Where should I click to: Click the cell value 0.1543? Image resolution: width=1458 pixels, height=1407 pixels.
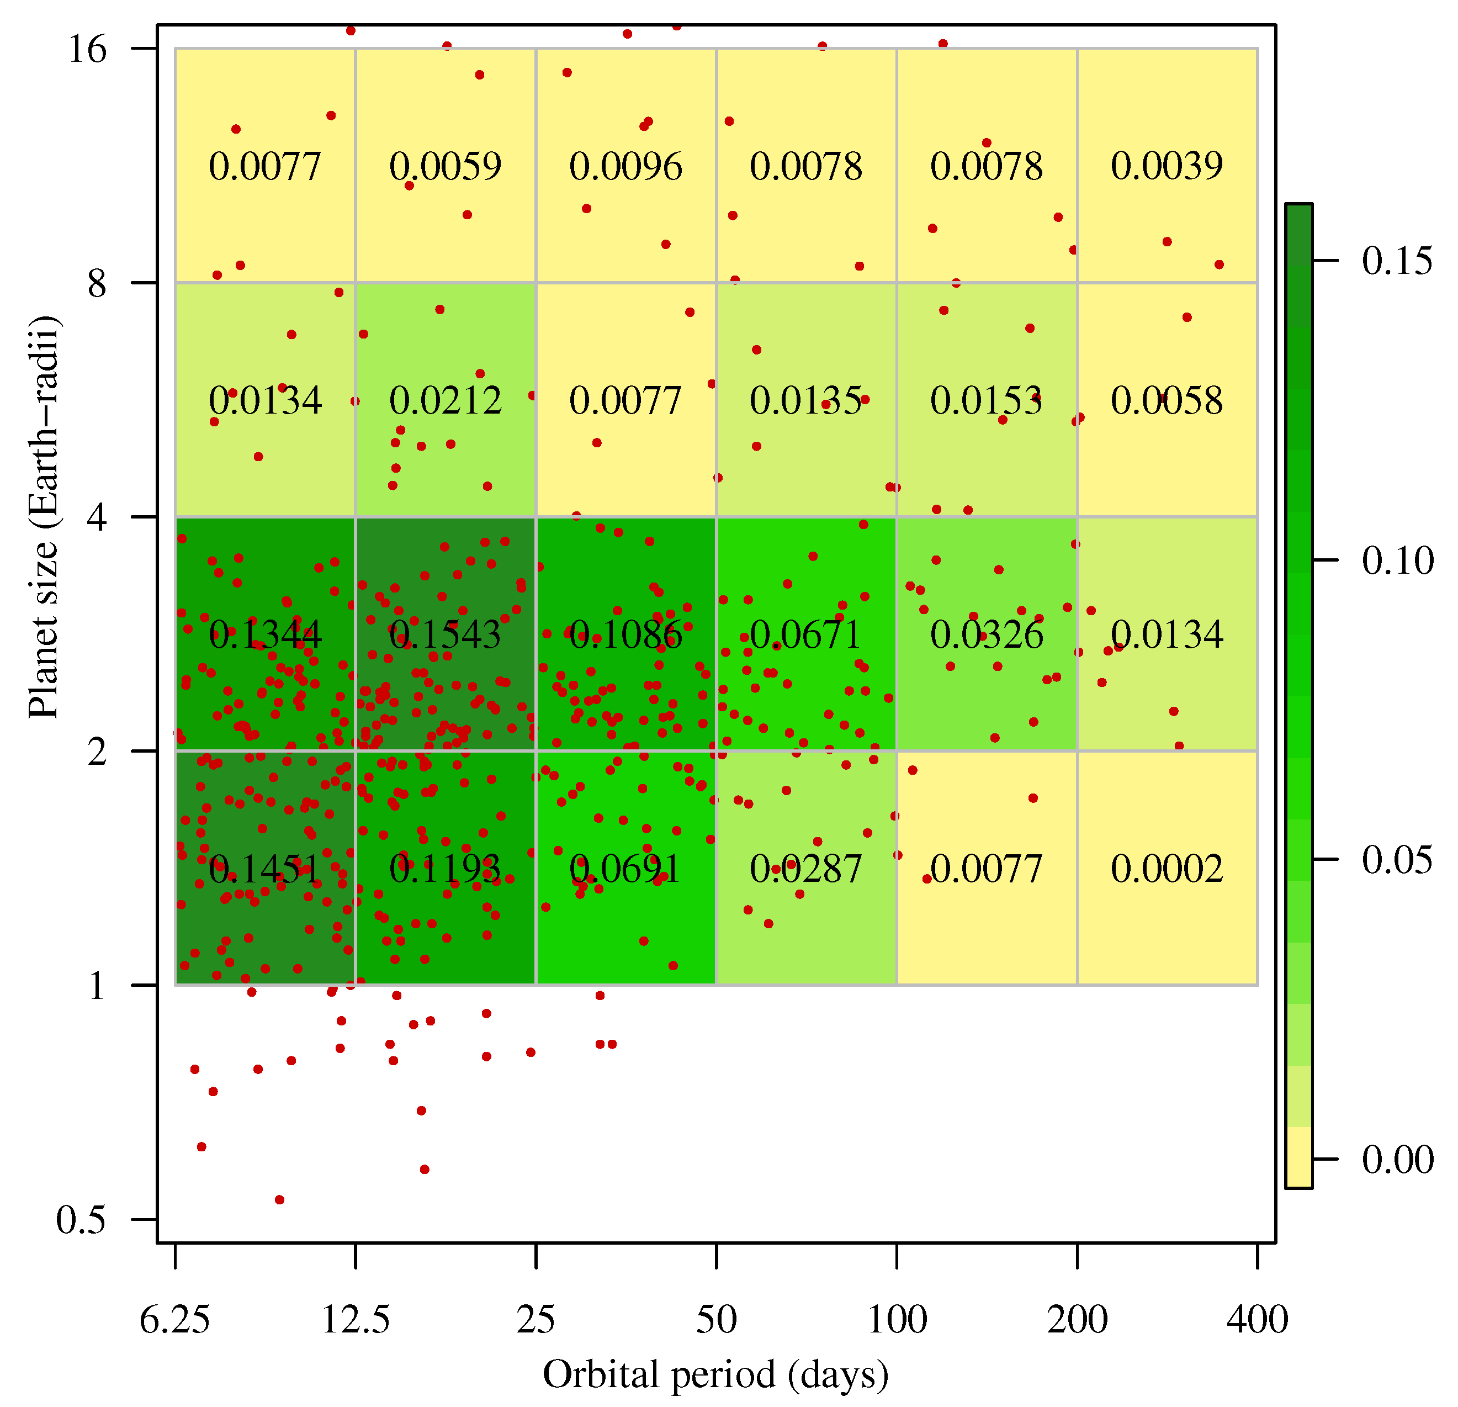(x=445, y=634)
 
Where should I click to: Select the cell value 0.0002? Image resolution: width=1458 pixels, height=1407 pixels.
(x=1167, y=868)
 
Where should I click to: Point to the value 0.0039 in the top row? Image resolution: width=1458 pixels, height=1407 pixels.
(x=1167, y=165)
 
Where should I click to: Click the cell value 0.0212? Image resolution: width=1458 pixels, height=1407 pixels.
(x=445, y=400)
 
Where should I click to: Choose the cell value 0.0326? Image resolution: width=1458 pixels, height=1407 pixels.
(x=987, y=634)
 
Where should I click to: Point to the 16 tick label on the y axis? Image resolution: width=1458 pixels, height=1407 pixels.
(x=88, y=49)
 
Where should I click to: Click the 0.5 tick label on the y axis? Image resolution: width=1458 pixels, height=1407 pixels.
(x=81, y=1220)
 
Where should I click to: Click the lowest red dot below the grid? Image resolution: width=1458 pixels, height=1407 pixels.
(x=280, y=1199)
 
